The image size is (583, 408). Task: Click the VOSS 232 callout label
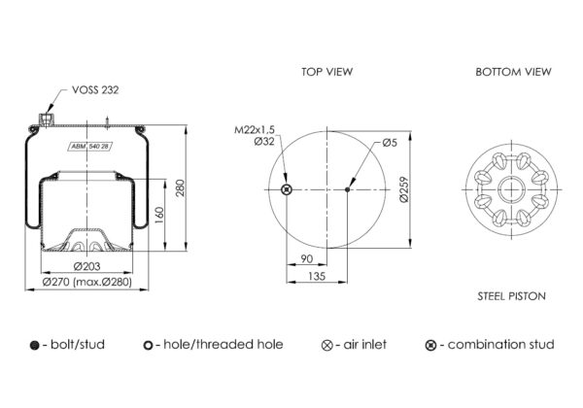point(95,90)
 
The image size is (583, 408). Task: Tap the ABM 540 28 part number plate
point(90,147)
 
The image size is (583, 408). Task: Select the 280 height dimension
point(180,188)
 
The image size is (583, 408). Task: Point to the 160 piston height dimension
point(159,215)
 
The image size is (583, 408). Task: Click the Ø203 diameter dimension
point(87,266)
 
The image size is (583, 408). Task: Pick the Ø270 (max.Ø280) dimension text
point(87,282)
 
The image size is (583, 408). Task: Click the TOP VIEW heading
point(326,72)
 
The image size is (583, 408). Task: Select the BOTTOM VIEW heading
point(513,72)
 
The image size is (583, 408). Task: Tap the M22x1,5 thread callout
point(255,129)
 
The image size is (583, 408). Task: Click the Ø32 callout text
point(264,141)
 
